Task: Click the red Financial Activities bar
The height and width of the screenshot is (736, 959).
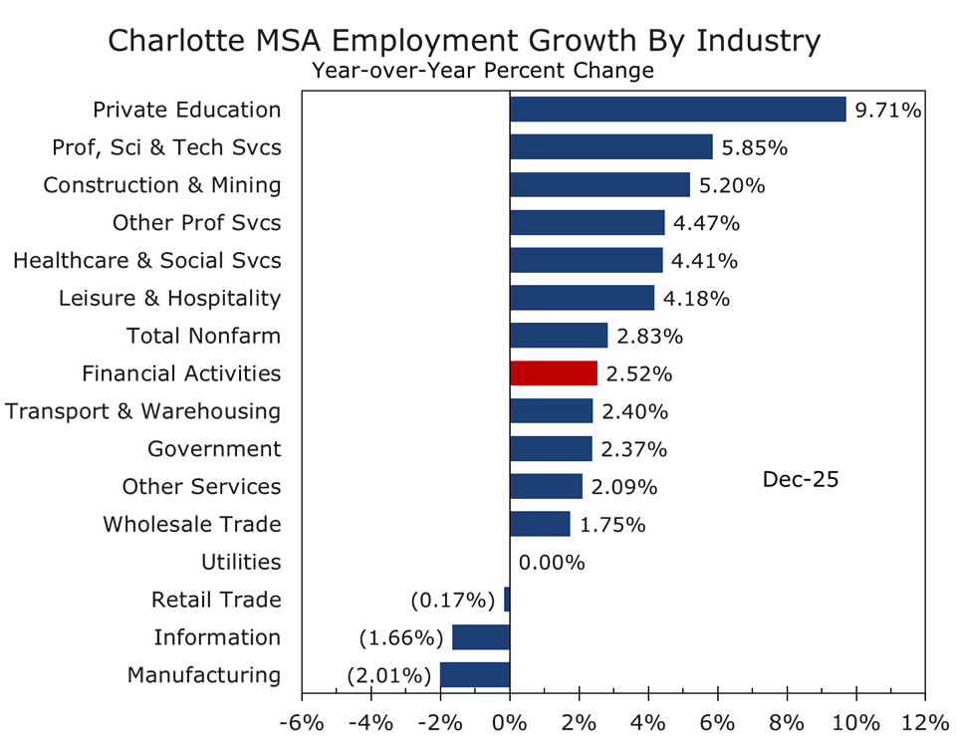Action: point(553,373)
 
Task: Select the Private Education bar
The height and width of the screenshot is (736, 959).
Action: point(677,110)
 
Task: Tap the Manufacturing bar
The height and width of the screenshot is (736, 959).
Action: point(475,675)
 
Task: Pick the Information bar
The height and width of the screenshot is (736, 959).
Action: point(481,637)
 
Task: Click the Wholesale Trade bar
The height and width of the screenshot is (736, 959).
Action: point(540,524)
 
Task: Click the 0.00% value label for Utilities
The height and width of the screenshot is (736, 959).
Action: point(551,563)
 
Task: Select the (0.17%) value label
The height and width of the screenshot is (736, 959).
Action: point(453,601)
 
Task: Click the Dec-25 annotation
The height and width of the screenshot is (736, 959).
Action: point(801,479)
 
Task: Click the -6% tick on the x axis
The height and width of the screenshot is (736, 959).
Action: point(305,720)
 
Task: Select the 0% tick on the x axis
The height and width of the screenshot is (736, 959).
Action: point(510,720)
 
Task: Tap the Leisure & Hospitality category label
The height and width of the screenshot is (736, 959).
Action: point(169,298)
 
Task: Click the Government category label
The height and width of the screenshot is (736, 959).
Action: point(214,449)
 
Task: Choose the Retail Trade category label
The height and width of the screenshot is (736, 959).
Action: point(216,600)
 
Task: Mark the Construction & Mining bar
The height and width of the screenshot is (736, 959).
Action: point(599,185)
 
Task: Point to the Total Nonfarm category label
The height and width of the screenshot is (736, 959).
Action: point(203,336)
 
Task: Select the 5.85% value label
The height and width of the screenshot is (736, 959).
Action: point(755,147)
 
